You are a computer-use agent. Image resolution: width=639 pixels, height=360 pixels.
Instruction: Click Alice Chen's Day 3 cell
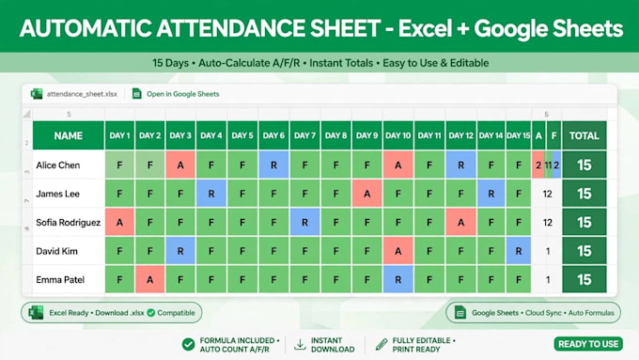tap(180, 164)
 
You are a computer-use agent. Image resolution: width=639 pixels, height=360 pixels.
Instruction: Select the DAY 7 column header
tap(304, 135)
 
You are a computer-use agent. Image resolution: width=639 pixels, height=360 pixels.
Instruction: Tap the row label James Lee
tap(57, 194)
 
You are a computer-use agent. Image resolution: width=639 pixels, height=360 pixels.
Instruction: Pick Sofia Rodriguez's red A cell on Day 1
tap(120, 222)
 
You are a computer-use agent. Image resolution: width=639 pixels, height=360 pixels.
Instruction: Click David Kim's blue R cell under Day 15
tap(519, 251)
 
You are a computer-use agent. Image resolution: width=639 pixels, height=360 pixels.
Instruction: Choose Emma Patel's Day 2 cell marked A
tap(150, 280)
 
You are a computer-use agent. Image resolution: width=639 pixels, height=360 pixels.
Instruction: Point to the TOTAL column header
tap(584, 135)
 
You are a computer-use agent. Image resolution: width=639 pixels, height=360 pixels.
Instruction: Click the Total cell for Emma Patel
tap(584, 280)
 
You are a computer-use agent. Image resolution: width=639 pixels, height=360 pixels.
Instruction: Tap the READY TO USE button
tap(588, 344)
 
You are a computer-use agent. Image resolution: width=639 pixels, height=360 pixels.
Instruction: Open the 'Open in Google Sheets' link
tap(182, 94)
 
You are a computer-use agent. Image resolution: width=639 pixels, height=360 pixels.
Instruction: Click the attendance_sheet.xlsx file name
tap(82, 94)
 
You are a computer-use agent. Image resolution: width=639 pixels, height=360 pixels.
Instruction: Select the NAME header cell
tap(69, 135)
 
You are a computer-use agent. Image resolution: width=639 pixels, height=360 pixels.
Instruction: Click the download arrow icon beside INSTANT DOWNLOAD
tap(300, 345)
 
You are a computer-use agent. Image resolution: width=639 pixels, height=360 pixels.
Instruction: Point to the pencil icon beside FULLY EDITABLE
tap(382, 345)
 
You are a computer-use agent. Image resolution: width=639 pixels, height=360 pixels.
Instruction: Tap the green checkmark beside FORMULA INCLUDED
tap(188, 345)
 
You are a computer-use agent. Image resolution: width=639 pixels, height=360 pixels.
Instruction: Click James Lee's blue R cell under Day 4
tap(211, 194)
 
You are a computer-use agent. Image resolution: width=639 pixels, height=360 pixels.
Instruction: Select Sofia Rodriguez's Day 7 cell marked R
tap(304, 222)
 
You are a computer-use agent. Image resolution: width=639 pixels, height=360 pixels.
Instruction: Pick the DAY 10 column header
tap(398, 135)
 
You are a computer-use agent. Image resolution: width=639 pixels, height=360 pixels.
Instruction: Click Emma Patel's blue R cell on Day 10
tap(398, 280)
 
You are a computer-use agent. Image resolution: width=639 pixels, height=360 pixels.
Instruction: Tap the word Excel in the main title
tap(425, 28)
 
